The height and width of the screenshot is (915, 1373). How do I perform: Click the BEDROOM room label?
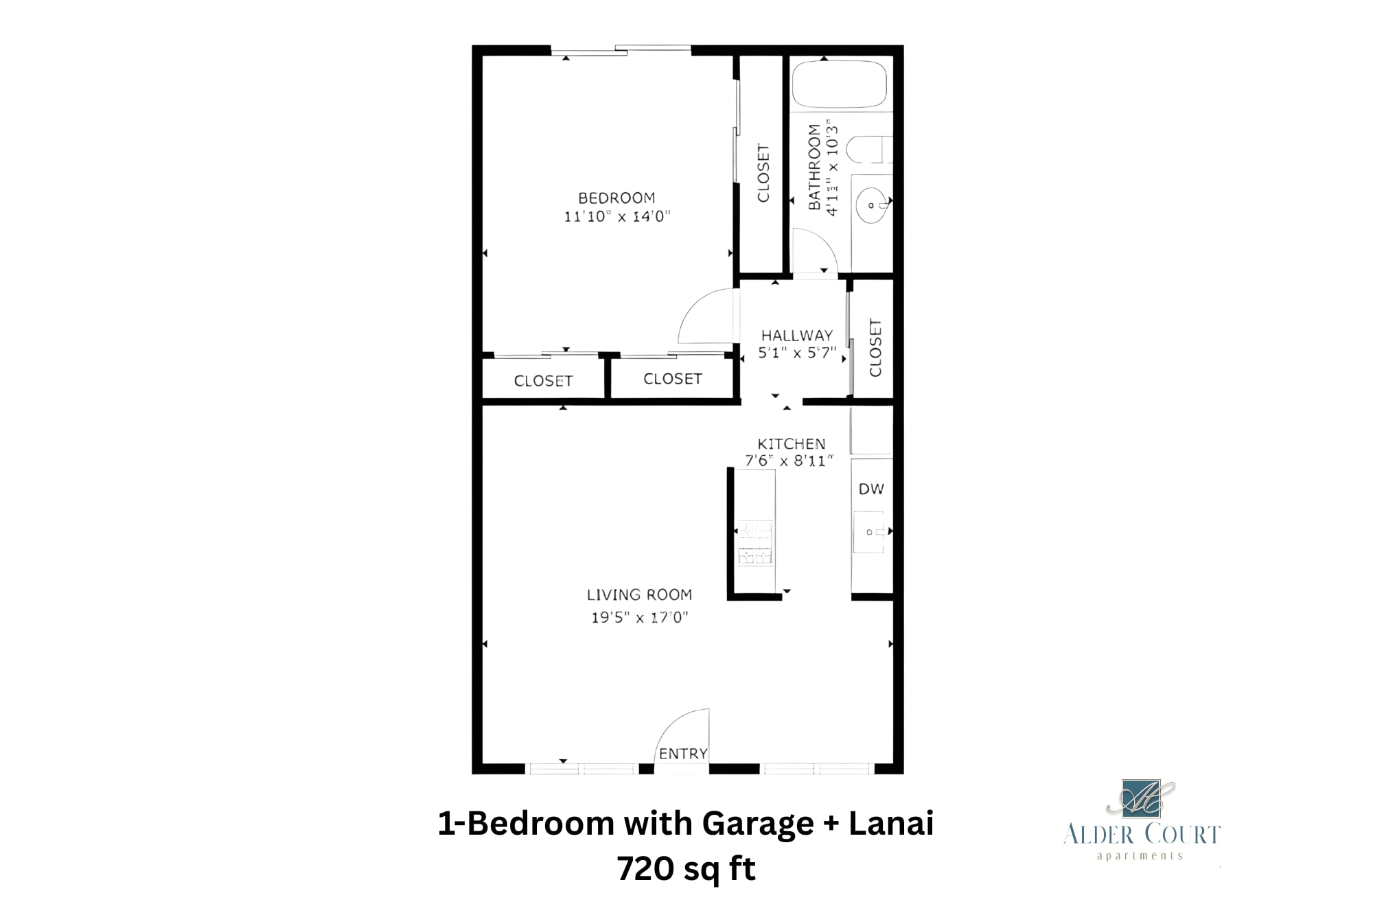click(616, 198)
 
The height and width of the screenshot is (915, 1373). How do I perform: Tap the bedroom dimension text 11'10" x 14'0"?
click(616, 217)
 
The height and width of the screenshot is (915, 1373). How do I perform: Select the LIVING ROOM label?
click(639, 595)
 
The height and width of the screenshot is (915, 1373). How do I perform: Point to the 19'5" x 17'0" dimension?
click(639, 617)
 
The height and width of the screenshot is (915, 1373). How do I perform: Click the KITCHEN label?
click(791, 444)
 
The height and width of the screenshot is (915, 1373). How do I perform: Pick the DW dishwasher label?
click(871, 489)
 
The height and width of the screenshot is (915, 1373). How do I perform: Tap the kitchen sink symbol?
click(869, 532)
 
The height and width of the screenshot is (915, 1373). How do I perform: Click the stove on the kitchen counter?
click(754, 543)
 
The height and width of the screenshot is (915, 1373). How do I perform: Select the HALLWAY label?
click(796, 336)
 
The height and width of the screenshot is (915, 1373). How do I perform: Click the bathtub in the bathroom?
click(839, 84)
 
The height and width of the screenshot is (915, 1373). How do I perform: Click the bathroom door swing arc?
click(815, 250)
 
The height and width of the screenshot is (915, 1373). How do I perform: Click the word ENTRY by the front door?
click(682, 754)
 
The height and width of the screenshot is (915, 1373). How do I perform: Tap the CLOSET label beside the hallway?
click(875, 347)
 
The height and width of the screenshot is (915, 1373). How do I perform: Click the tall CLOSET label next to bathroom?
click(763, 173)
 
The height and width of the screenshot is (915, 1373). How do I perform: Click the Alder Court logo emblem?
click(1141, 798)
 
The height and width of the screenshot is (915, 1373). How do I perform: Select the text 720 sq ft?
click(686, 869)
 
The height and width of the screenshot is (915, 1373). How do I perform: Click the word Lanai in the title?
click(890, 823)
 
